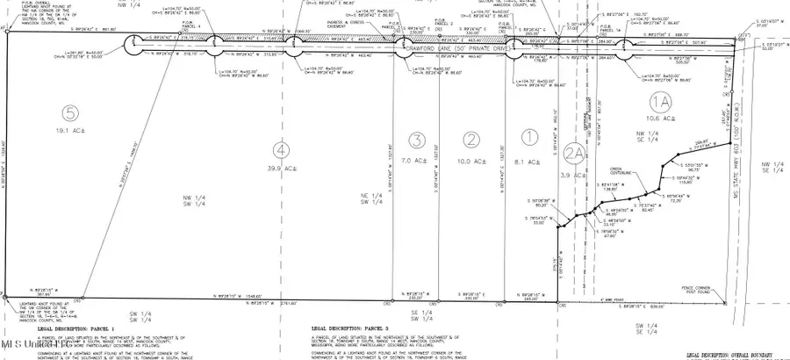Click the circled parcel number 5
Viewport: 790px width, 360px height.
69,112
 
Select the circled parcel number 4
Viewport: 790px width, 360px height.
279,148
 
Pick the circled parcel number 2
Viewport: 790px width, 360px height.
473,138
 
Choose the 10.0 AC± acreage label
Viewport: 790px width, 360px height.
473,162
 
